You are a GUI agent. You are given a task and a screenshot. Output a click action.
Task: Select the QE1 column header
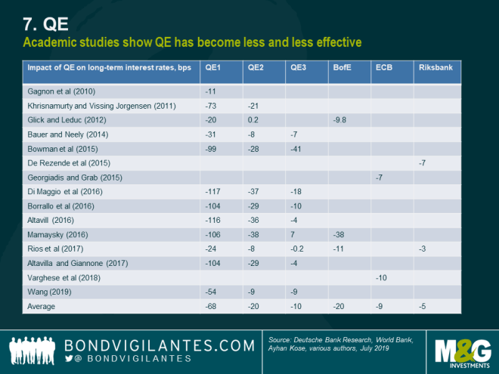(x=214, y=68)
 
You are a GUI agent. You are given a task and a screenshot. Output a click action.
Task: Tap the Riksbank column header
(x=435, y=68)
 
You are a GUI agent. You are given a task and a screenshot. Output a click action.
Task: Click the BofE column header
(x=342, y=68)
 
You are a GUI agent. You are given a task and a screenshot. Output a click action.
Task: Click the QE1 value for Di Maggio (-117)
(x=215, y=192)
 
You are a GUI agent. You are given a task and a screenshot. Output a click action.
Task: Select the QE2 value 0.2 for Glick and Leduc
(x=254, y=119)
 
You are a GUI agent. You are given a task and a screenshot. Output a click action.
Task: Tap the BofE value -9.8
(x=340, y=119)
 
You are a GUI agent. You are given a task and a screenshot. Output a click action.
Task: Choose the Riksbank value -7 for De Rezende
(x=423, y=162)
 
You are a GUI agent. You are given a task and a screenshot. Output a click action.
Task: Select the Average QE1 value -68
(x=212, y=307)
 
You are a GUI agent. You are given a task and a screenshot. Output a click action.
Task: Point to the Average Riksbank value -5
(x=423, y=307)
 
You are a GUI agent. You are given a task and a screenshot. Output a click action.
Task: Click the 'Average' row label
(x=42, y=307)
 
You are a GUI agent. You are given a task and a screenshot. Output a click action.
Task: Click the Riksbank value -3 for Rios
(x=423, y=249)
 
